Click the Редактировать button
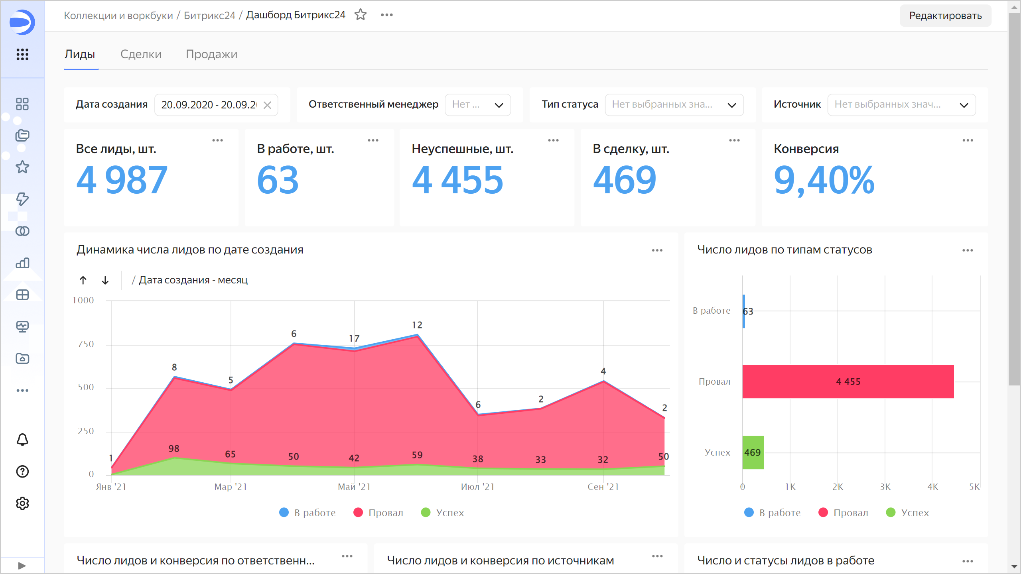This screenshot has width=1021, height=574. pyautogui.click(x=945, y=16)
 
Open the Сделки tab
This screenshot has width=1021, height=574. pyautogui.click(x=141, y=54)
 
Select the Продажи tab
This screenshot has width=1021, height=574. pyautogui.click(x=211, y=54)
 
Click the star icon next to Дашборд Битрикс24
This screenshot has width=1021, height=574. pyautogui.click(x=361, y=15)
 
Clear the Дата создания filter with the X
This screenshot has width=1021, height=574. pyautogui.click(x=267, y=105)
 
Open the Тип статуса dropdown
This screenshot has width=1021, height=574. pyautogui.click(x=674, y=105)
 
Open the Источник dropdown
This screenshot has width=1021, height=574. pyautogui.click(x=901, y=105)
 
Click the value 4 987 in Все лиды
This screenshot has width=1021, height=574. pyautogui.click(x=122, y=180)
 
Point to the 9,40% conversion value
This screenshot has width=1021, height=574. pyautogui.click(x=824, y=180)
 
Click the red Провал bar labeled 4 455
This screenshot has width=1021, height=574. pyautogui.click(x=848, y=381)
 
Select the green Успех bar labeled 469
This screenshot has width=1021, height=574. pyautogui.click(x=753, y=452)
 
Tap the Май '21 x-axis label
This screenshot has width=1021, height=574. pyautogui.click(x=354, y=487)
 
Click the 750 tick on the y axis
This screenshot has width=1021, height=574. pyautogui.click(x=86, y=344)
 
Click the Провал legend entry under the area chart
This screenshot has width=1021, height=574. pyautogui.click(x=378, y=513)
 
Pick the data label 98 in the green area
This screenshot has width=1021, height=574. pyautogui.click(x=174, y=448)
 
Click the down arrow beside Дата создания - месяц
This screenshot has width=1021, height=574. pyautogui.click(x=105, y=280)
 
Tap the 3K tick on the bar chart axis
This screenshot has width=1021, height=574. pyautogui.click(x=885, y=487)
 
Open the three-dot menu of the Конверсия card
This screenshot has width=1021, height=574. pyautogui.click(x=968, y=140)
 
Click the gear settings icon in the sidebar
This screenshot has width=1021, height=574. pyautogui.click(x=22, y=503)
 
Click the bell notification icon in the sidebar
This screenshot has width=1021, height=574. pyautogui.click(x=22, y=440)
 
